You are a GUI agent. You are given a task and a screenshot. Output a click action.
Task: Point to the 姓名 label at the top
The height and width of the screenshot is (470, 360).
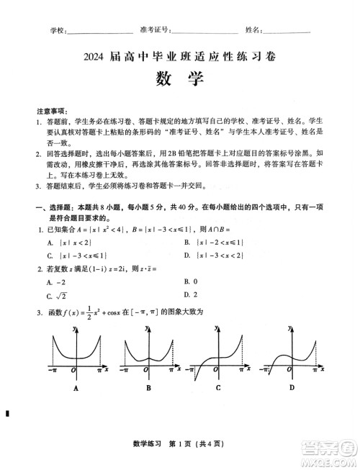coord(253,30)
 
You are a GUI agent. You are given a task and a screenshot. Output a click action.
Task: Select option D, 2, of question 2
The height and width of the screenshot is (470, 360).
coord(189,294)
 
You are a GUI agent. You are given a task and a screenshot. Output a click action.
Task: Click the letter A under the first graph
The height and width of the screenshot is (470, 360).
coord(75,388)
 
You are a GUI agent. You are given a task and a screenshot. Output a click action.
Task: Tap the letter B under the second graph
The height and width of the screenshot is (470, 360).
coord(148,388)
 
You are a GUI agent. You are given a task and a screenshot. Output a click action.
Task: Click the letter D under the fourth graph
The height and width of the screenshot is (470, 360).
coord(292,388)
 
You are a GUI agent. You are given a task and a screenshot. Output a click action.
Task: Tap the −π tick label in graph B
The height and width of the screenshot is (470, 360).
coord(125,370)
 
